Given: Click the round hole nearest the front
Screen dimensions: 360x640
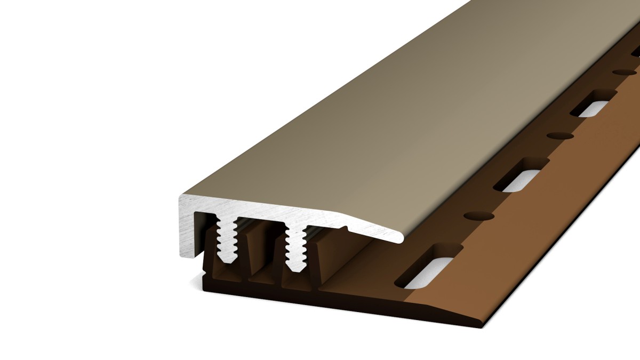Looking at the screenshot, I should [x=478, y=215].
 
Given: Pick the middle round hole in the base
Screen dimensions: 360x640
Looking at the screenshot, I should [x=560, y=135].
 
